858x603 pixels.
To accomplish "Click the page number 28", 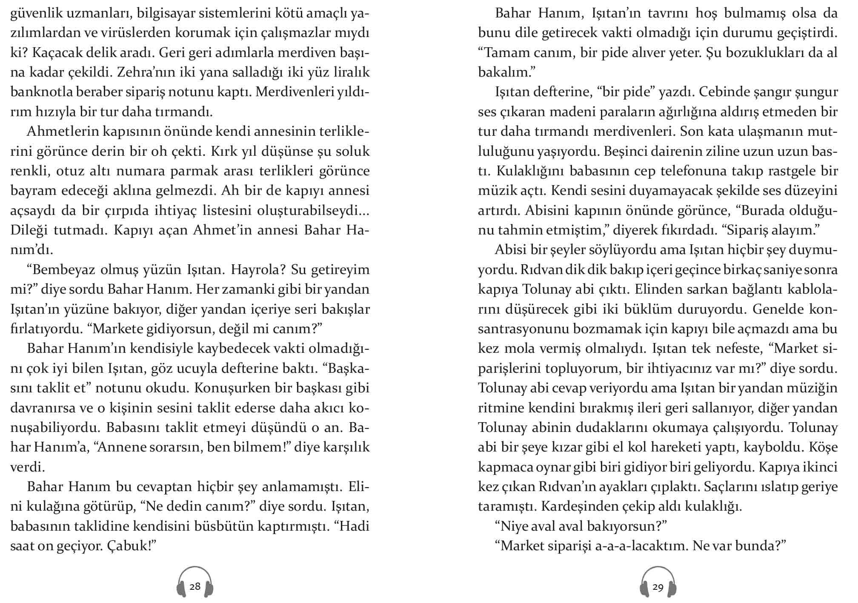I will tap(195, 586).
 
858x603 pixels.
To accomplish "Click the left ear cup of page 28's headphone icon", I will tap(180, 589).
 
